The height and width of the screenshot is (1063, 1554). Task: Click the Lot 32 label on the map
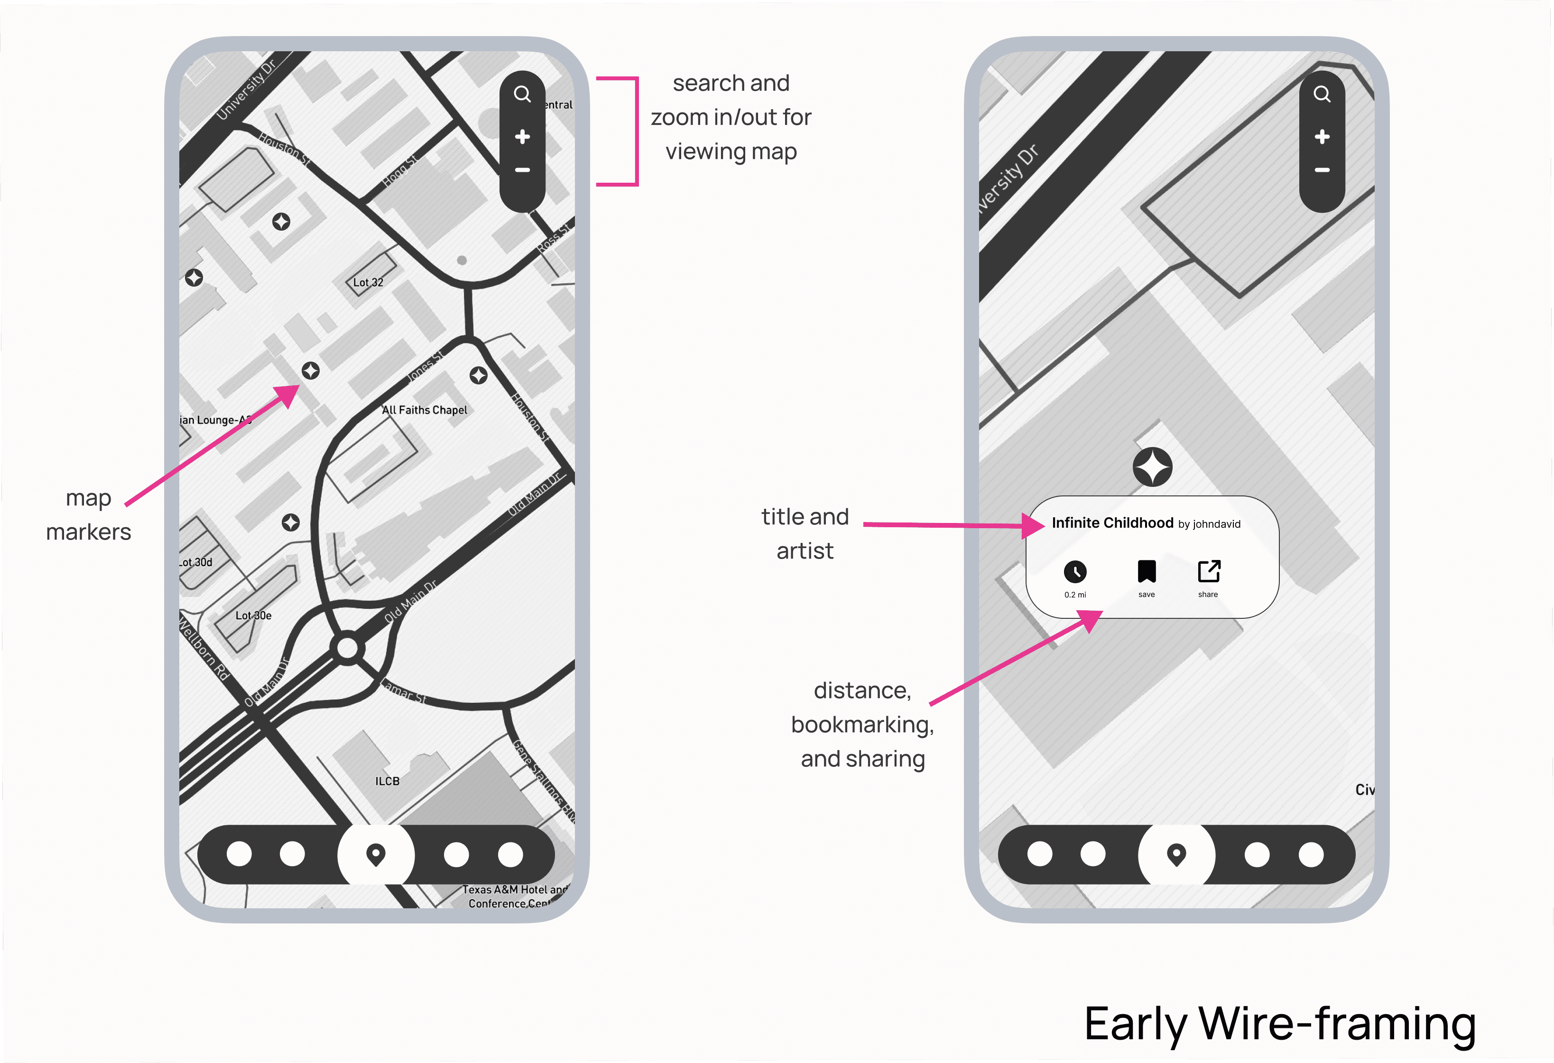(368, 282)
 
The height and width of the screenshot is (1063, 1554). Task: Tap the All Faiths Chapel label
(425, 410)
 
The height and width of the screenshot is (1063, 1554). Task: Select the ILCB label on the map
(387, 781)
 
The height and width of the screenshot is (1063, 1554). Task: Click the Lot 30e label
(253, 615)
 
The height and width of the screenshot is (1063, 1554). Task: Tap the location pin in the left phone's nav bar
(376, 854)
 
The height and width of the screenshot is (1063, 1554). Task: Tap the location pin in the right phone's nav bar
(1176, 854)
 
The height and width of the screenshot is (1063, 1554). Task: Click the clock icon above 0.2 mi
(1074, 572)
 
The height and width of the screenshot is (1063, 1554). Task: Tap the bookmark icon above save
(1146, 572)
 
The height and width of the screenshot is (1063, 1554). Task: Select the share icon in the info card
(1208, 572)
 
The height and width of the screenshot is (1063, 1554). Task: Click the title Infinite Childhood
(1112, 522)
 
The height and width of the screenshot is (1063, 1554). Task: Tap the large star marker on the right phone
(1152, 466)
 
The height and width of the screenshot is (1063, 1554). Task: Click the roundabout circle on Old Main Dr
(348, 648)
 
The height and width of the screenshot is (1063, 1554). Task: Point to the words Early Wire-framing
(1279, 1024)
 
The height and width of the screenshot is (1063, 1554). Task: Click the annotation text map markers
(88, 515)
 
